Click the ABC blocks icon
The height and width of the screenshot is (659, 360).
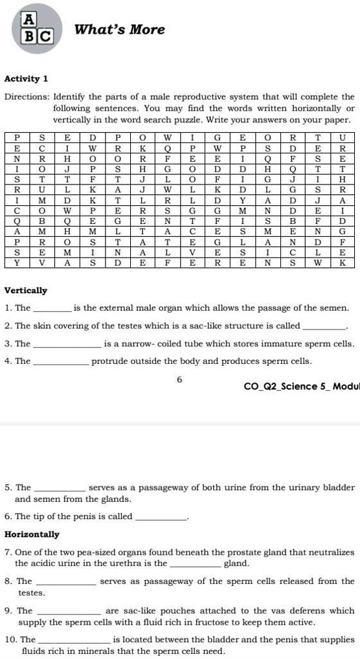coord(36,30)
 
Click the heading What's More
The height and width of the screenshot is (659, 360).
coord(120,30)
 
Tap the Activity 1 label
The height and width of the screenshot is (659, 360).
coord(27,79)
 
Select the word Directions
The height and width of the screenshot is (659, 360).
coord(27,97)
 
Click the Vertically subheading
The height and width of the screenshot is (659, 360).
coord(26,291)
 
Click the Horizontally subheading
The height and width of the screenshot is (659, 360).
coord(32,534)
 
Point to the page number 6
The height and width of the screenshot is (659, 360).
coord(179,379)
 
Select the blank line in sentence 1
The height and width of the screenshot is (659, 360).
coord(52,309)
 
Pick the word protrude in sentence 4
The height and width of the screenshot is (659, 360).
coord(110,361)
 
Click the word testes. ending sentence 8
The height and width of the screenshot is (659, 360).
coord(32,592)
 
